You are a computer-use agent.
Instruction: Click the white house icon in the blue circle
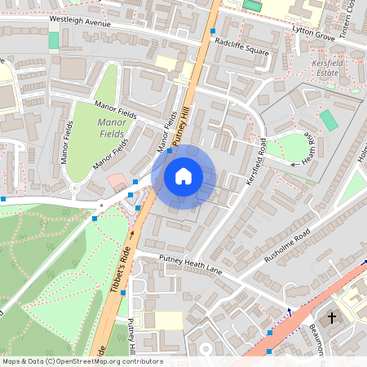(183, 175)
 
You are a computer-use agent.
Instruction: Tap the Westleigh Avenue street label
(79, 20)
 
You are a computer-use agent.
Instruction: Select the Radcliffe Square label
(241, 45)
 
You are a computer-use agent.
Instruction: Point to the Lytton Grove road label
(314, 33)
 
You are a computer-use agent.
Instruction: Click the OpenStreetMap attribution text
(82, 361)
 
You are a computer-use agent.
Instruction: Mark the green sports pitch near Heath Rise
(328, 120)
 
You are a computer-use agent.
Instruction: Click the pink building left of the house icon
(117, 181)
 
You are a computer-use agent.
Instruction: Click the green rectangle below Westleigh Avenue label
(54, 40)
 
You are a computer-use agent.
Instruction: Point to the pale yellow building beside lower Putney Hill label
(160, 321)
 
